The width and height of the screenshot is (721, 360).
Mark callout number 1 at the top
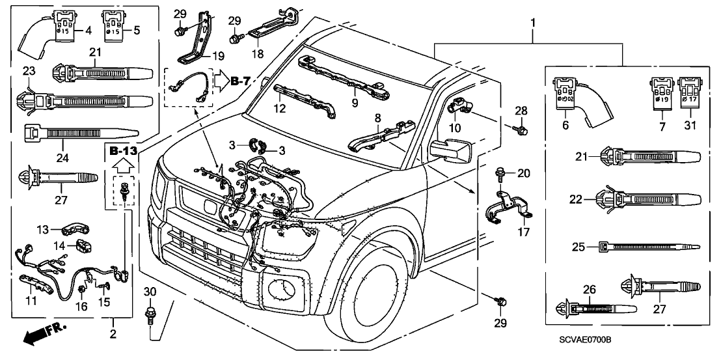pos(534,23)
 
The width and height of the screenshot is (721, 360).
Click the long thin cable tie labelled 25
pos(647,247)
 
